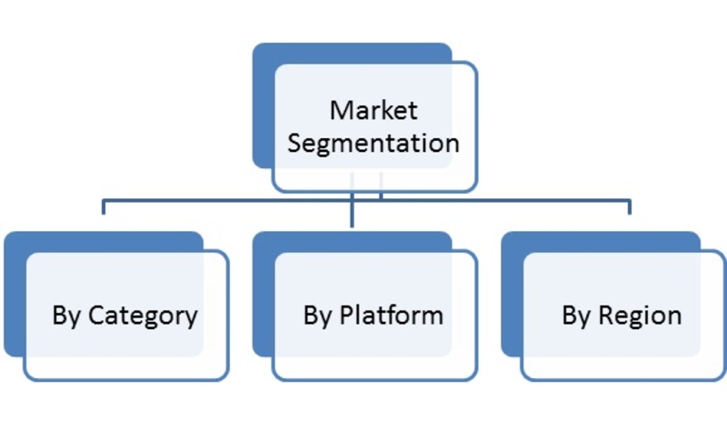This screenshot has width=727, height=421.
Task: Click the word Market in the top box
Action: (373, 110)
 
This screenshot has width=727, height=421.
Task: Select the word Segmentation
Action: (373, 143)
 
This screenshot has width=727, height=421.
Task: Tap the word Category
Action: (143, 316)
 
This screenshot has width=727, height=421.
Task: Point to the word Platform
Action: (392, 316)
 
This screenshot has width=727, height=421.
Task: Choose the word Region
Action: (640, 316)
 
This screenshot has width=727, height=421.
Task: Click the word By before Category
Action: (67, 316)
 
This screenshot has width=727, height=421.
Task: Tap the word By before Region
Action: (577, 316)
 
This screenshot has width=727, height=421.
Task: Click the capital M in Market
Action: (340, 110)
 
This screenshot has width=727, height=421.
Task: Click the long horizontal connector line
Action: (366, 201)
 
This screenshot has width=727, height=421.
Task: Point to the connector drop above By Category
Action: (104, 207)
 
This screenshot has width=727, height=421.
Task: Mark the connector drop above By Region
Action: (629, 207)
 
